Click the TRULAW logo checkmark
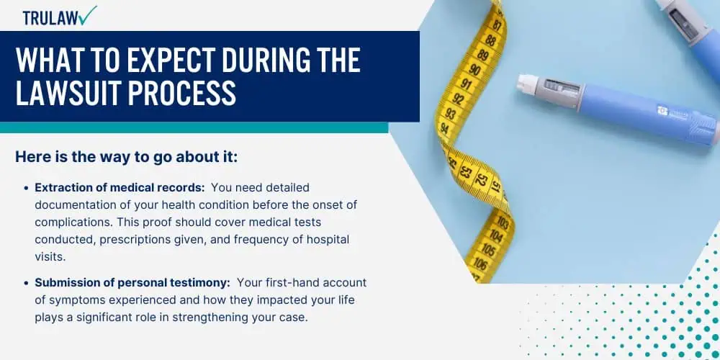(87, 15)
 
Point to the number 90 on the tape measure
(475, 69)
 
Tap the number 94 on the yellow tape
(444, 127)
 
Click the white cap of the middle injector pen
(524, 85)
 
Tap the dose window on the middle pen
(557, 89)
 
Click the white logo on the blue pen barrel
(662, 110)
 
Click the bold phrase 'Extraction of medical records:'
(120, 188)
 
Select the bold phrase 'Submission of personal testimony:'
(132, 283)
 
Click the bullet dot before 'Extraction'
(26, 188)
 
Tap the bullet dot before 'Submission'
(26, 283)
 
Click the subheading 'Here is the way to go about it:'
(127, 157)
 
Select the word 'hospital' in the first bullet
(329, 240)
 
